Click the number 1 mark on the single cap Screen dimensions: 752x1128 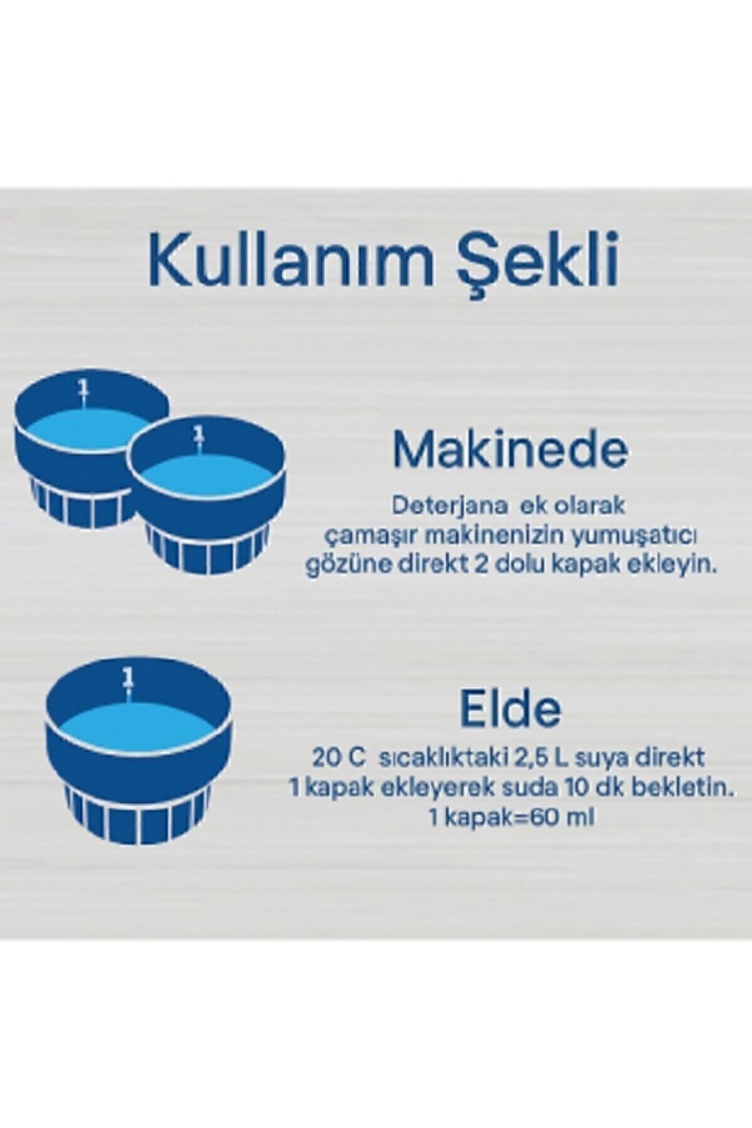click(128, 678)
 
